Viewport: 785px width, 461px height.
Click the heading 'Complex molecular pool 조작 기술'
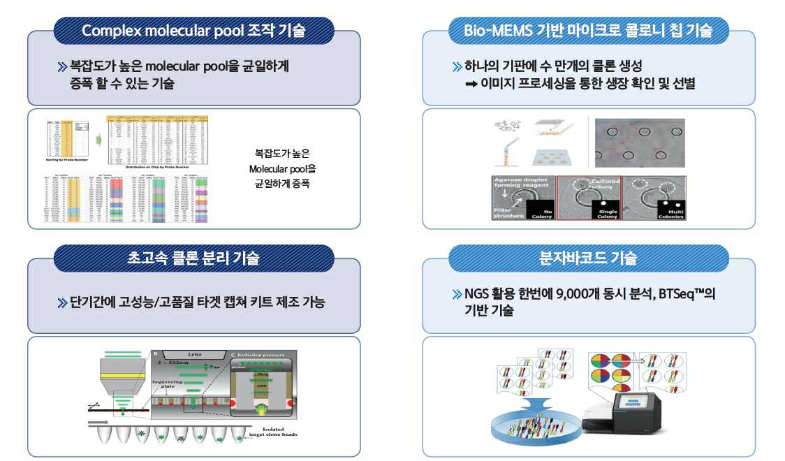(193, 31)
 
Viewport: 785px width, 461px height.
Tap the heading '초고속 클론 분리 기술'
(193, 258)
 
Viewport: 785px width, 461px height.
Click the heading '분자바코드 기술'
(588, 258)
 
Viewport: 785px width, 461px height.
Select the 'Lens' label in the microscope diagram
(186, 355)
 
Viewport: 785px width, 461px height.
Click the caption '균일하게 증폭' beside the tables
(282, 184)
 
